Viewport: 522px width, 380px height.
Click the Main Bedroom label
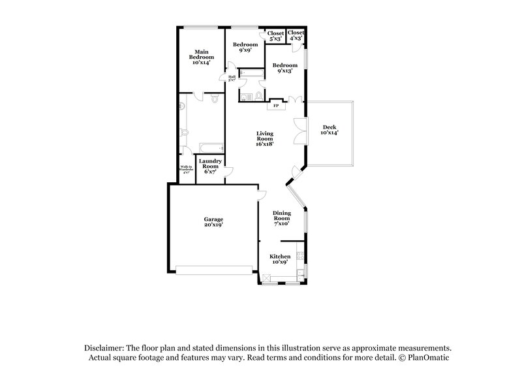click(202, 57)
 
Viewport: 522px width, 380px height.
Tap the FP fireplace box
click(276, 106)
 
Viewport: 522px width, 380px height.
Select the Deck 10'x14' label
click(329, 130)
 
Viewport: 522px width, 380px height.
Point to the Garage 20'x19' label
click(213, 222)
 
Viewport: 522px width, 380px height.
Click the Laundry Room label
click(210, 166)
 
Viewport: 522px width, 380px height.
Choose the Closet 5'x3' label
click(275, 35)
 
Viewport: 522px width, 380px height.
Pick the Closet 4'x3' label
click(296, 35)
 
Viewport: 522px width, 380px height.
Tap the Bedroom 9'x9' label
click(245, 47)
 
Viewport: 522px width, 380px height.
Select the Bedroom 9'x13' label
click(285, 68)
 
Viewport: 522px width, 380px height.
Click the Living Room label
click(264, 138)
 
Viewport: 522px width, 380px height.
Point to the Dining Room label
click(282, 217)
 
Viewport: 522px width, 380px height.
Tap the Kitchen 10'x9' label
click(280, 259)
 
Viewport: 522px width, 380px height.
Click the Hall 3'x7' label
click(232, 78)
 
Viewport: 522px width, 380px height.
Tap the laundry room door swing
click(228, 171)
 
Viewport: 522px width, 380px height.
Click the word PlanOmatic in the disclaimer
click(429, 358)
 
